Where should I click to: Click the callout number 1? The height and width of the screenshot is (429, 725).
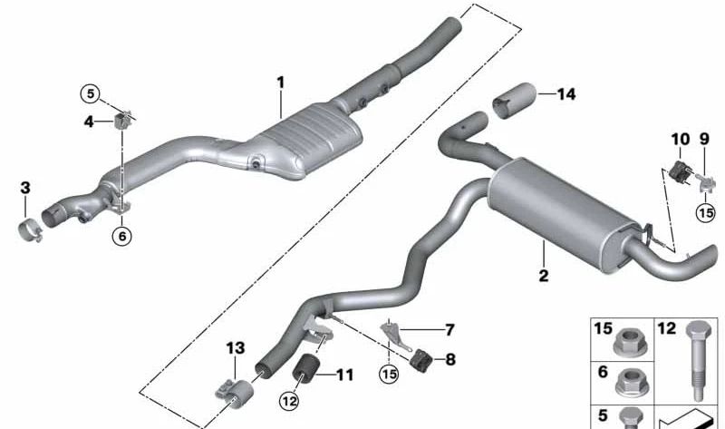coord(280,83)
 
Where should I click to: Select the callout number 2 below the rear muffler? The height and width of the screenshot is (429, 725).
coord(544,276)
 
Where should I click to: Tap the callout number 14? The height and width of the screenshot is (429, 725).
coord(567,94)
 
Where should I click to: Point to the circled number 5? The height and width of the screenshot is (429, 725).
coord(90,94)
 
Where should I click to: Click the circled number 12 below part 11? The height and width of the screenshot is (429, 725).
coord(289,401)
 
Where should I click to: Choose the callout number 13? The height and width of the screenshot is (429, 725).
coord(236,348)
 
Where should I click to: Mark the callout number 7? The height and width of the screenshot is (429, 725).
coord(449,330)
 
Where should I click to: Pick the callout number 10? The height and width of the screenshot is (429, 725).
coord(681,139)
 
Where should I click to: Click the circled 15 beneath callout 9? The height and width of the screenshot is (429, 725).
coord(706,213)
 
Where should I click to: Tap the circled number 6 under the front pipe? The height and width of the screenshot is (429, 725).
coord(122,237)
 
